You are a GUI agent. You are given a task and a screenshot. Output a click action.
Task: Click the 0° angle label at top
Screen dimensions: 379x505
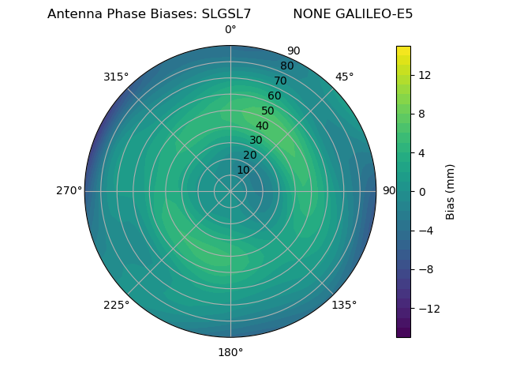click(x=230, y=30)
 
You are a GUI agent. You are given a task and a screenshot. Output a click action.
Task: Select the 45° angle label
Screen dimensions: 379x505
click(x=344, y=77)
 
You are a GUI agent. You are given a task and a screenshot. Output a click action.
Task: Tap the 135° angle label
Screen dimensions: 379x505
click(x=344, y=305)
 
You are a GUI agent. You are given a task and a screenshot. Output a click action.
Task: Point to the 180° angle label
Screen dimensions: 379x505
click(x=230, y=352)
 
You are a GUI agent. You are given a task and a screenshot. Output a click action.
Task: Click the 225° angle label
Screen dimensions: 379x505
click(x=116, y=305)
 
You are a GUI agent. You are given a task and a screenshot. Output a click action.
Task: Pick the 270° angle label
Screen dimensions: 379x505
click(x=69, y=190)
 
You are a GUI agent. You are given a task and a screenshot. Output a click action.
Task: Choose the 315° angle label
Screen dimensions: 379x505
click(x=116, y=77)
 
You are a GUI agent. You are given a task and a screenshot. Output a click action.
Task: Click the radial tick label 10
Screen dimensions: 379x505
click(x=243, y=170)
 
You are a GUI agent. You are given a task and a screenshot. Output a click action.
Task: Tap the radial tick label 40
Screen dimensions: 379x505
click(x=262, y=126)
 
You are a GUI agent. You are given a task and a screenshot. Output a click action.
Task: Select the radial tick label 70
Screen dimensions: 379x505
click(x=281, y=81)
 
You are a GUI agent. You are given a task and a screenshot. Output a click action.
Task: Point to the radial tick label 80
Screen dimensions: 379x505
click(x=287, y=66)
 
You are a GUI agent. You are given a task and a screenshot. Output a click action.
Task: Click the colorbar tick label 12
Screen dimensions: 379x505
click(x=425, y=75)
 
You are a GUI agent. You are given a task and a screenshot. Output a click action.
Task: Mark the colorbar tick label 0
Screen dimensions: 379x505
click(x=422, y=191)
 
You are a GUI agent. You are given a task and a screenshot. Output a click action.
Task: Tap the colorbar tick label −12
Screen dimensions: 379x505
click(x=428, y=308)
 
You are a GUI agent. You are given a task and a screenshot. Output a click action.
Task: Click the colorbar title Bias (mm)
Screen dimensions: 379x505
click(x=451, y=191)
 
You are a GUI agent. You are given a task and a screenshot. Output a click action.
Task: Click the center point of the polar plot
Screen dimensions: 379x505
click(x=230, y=191)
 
